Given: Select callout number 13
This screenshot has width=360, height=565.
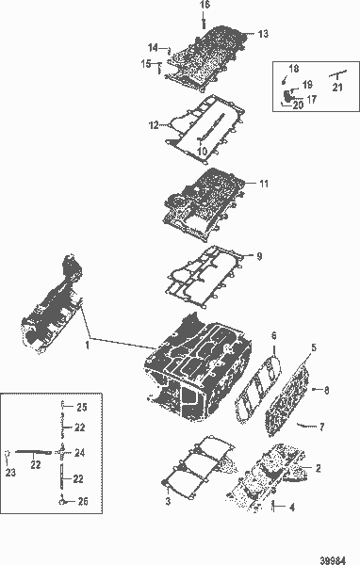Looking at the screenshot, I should coord(263,34).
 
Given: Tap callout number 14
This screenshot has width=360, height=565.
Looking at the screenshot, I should coord(152,48).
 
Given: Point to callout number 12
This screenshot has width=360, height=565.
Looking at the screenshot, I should coord(153,124).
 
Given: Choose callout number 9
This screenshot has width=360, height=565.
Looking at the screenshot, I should coord(260,255).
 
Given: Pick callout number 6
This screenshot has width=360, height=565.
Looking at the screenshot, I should coord(273,335).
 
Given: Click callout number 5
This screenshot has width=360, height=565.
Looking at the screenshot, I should coord(314,347).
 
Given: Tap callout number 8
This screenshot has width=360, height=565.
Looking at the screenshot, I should coord(326,389).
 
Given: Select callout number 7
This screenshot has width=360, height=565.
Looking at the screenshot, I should coord(321,428).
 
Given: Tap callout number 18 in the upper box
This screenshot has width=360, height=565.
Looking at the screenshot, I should coord(294,69).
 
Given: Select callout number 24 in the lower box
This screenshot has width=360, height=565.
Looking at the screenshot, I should coord(80,453).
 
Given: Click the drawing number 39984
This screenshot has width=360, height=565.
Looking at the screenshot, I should coord(333,557).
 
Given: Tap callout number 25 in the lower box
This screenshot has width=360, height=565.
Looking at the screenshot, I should coord(81,407).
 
